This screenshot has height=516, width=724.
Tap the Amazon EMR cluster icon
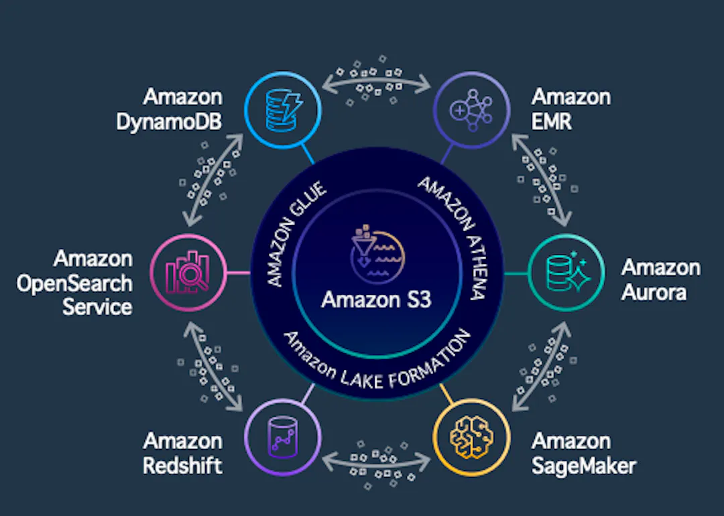coord(471,111)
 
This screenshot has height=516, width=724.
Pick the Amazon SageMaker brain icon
coord(471,437)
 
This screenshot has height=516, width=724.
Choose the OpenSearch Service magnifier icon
coord(188,273)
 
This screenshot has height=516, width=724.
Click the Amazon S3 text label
coord(376,300)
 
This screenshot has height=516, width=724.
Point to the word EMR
coord(552,122)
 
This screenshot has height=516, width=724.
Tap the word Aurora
coord(654,293)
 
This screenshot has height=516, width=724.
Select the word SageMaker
coord(584,466)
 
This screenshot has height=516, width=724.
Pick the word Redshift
coord(183,465)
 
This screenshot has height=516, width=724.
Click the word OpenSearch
coord(74,283)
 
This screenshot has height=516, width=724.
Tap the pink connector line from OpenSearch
coord(239,273)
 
